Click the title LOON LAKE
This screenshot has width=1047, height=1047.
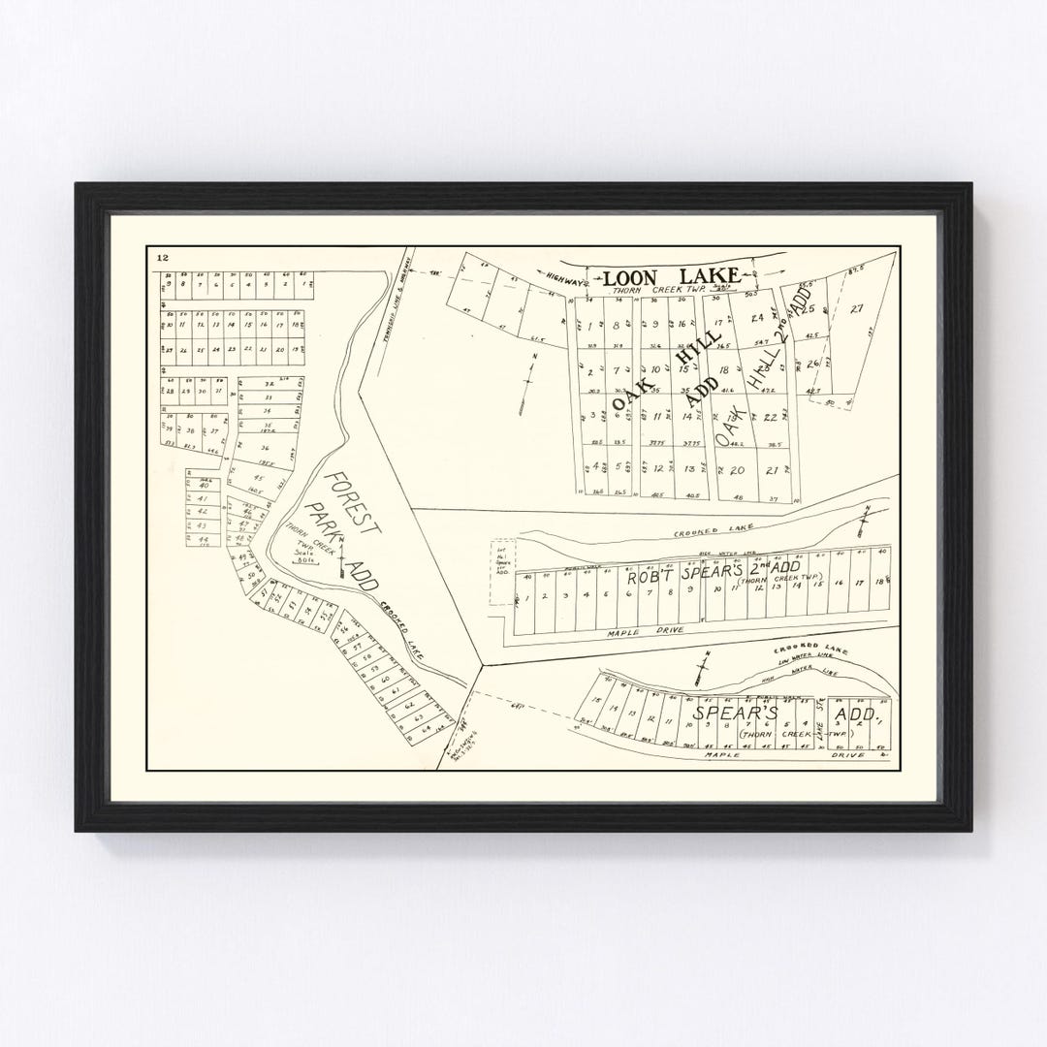(x=672, y=276)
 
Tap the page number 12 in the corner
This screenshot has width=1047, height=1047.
(x=161, y=258)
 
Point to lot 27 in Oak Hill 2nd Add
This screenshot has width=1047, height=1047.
(x=856, y=309)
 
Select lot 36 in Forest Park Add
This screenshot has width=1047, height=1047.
(x=264, y=448)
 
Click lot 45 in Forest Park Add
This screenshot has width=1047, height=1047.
(x=258, y=478)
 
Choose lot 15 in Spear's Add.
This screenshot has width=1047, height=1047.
(x=598, y=702)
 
